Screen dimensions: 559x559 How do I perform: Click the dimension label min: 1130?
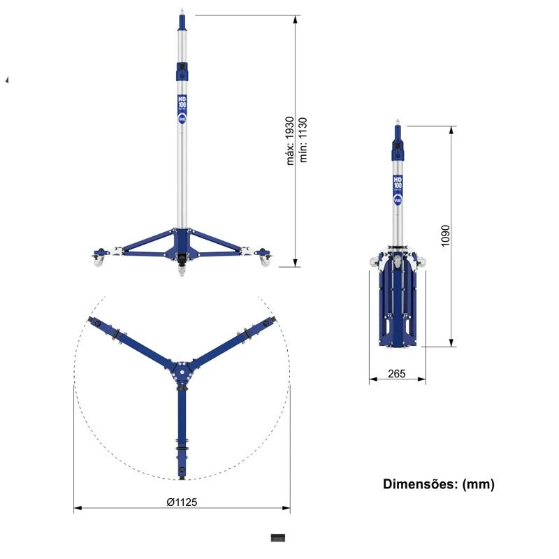[x=304, y=140]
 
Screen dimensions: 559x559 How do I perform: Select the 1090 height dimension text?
[x=446, y=236]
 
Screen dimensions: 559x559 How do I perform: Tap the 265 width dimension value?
[x=396, y=374]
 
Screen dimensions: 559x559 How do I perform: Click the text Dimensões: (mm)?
[x=438, y=484]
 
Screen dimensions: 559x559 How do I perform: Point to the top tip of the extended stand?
[x=182, y=10]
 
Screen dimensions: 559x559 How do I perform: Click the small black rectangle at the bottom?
[x=279, y=537]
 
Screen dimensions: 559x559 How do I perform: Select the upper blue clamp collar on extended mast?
[x=182, y=71]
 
